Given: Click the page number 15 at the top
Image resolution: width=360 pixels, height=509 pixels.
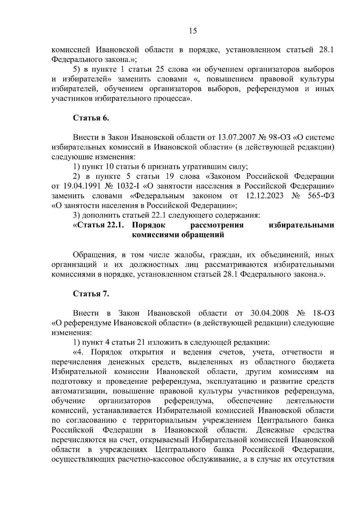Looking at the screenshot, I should click(x=193, y=31).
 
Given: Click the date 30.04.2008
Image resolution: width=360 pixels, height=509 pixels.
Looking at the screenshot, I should click(x=269, y=313).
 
